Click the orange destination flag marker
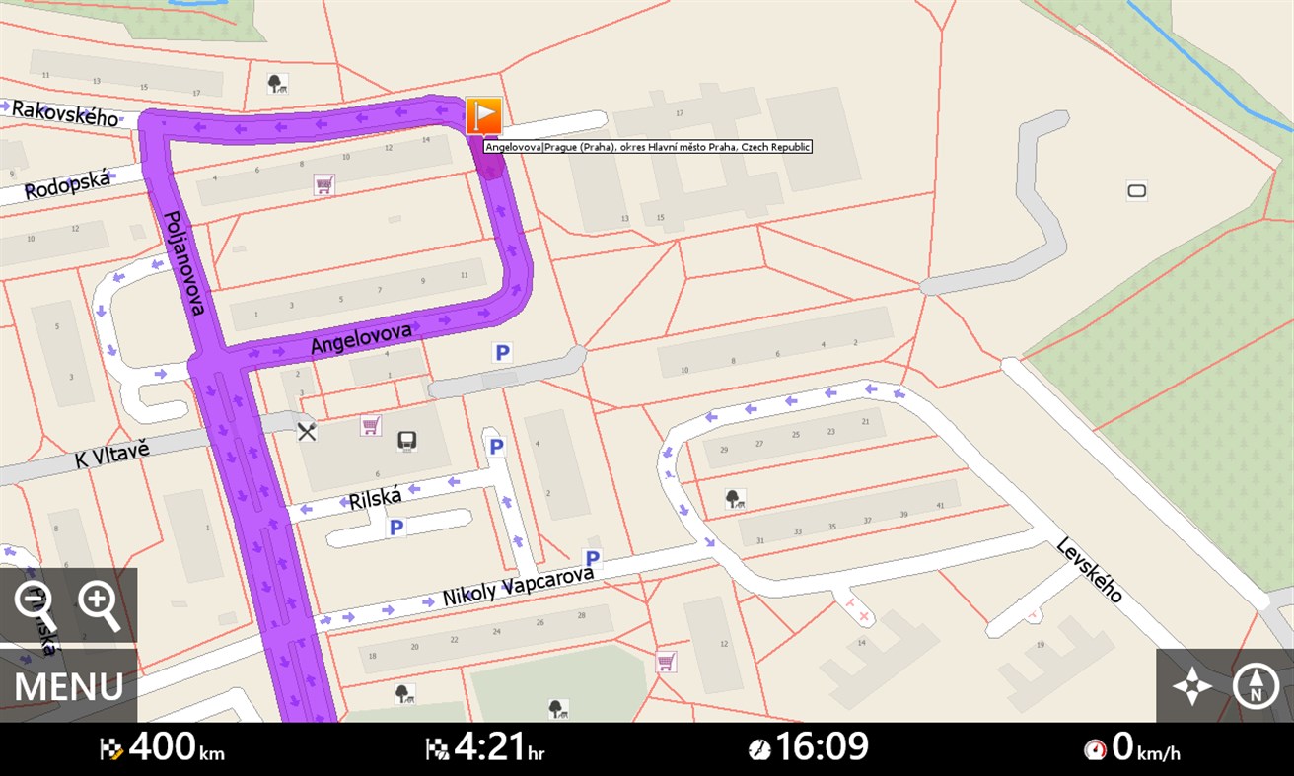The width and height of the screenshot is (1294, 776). point(483,116)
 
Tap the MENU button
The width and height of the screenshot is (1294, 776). point(68,686)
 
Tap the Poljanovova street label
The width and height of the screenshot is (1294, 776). point(183,262)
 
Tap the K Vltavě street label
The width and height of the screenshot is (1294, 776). point(112,457)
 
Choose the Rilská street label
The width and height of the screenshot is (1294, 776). point(376,497)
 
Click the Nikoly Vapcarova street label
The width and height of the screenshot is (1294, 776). point(519,586)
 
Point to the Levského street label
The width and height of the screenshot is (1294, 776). point(1090,569)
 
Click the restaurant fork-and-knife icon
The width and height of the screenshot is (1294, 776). point(308,431)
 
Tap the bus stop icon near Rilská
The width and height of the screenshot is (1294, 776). point(406,441)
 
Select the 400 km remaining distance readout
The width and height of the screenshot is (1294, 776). point(163,748)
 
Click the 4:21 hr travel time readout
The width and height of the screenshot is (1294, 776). point(485,748)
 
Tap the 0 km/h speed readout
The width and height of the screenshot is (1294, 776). point(1132,748)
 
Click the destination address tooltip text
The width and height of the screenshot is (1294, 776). point(648,147)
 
